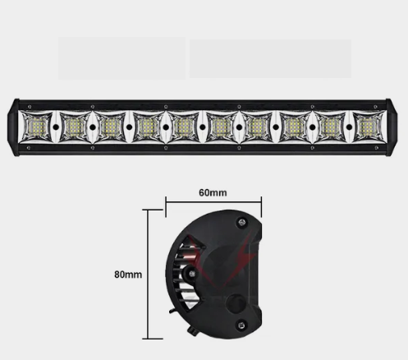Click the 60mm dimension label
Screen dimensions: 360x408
pos(213,192)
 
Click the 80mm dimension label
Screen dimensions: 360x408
pos(128,274)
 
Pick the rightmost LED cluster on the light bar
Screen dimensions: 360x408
pos(367,127)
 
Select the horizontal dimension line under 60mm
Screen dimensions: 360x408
pos(213,203)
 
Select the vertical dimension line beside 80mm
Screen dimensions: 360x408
pos(148,274)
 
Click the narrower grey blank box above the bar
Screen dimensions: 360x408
pos(121,58)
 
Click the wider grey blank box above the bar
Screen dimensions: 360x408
pos(270,58)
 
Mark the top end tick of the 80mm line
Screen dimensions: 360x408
pos(148,210)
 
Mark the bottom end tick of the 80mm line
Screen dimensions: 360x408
pos(148,338)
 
